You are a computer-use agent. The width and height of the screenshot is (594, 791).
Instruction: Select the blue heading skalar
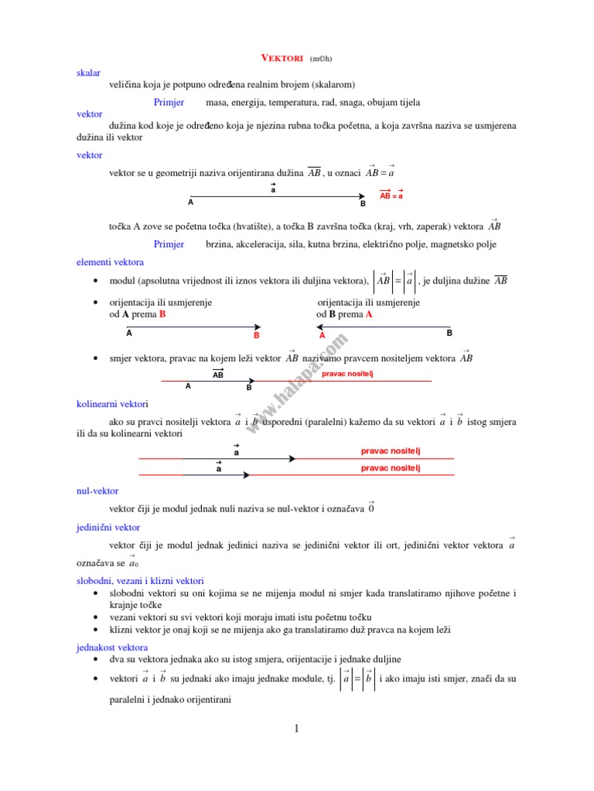(x=89, y=72)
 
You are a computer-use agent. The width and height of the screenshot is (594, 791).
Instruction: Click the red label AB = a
(x=391, y=196)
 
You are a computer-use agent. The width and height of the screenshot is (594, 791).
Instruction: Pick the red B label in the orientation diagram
(x=256, y=336)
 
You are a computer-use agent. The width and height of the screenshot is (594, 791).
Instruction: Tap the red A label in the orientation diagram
(x=323, y=336)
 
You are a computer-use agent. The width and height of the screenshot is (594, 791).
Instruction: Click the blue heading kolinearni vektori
(x=112, y=404)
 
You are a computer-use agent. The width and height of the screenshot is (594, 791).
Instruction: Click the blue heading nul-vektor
(x=97, y=490)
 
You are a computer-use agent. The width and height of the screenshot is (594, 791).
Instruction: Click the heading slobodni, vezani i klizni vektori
(x=145, y=579)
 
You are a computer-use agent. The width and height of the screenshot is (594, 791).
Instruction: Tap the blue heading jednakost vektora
(x=112, y=647)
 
